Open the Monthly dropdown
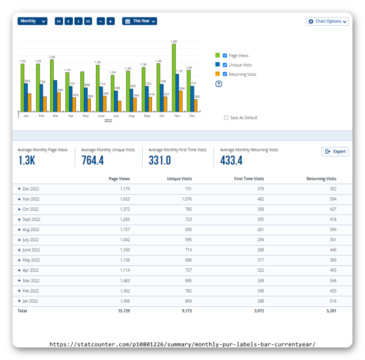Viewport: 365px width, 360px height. tap(32, 21)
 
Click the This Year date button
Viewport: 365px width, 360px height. tap(139, 21)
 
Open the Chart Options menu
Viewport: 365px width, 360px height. tap(327, 21)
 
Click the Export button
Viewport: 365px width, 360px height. tap(335, 152)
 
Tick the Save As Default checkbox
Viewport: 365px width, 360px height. tap(226, 118)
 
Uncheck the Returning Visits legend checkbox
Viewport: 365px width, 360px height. tap(225, 74)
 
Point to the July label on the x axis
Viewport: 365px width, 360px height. tap(116, 116)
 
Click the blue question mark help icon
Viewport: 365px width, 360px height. tap(219, 84)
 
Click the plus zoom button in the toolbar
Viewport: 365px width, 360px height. tap(110, 21)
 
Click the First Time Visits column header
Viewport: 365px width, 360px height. tap(249, 179)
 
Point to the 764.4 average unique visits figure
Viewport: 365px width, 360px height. tap(92, 160)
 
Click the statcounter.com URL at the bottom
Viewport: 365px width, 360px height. tap(182, 344)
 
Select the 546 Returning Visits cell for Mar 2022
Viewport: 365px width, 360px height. tap(331, 281)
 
